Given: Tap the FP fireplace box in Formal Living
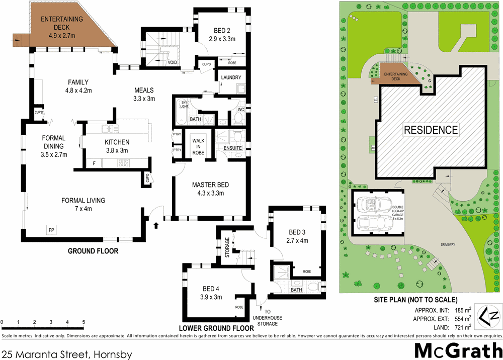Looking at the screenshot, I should pyautogui.click(x=51, y=229).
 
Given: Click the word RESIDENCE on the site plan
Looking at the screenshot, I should pyautogui.click(x=432, y=130).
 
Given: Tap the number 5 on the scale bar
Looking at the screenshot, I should pyautogui.click(x=83, y=322).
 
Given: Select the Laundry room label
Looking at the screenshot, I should pyautogui.click(x=231, y=77).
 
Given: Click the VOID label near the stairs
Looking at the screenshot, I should pyautogui.click(x=172, y=63).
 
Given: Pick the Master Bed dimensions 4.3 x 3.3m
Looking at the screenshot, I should pyautogui.click(x=211, y=193).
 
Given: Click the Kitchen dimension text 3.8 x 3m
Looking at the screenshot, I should pyautogui.click(x=117, y=150).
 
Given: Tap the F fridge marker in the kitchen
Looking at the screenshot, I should pyautogui.click(x=93, y=163).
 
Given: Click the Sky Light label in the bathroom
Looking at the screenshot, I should pyautogui.click(x=184, y=104).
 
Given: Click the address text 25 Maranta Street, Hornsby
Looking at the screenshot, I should pyautogui.click(x=66, y=354).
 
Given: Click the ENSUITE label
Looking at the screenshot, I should pyautogui.click(x=233, y=148).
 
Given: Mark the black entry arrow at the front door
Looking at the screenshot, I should pyautogui.click(x=156, y=224).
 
